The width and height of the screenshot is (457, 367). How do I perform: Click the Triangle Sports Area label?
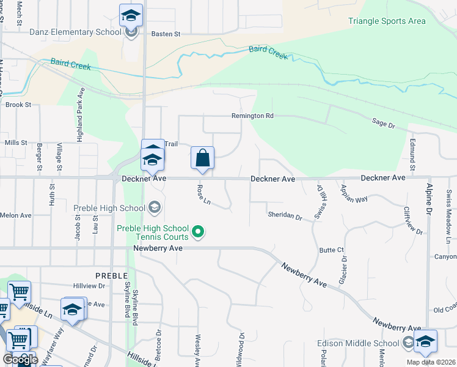387,21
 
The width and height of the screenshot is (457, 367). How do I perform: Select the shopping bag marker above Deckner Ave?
202,158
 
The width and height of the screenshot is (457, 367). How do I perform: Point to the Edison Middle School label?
359,343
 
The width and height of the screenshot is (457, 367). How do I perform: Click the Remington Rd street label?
252,116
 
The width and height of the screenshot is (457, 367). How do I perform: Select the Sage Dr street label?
384,123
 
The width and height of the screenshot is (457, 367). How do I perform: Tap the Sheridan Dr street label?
285,216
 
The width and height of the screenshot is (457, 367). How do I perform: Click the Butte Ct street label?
332,250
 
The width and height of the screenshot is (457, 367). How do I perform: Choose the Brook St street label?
18,105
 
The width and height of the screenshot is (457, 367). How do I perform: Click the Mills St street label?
16,143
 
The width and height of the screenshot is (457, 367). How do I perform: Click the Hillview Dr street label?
89,286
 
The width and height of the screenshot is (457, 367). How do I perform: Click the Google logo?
20,360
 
